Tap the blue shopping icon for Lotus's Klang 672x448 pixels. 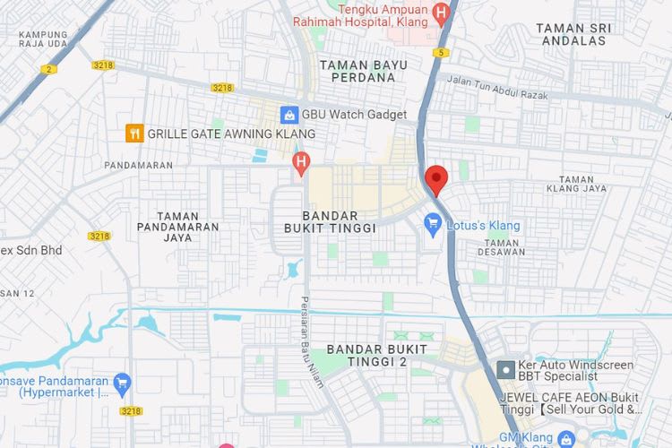tap(434, 226)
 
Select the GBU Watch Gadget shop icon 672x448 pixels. tap(289, 115)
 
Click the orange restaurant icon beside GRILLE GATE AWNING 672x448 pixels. tap(134, 134)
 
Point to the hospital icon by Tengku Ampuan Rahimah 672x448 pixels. tap(440, 13)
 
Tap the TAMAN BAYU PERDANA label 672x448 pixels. tap(363, 71)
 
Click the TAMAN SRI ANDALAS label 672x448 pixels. tap(573, 34)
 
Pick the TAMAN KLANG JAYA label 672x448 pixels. tap(576, 183)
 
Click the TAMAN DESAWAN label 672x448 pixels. tap(502, 247)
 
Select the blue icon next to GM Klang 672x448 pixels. tap(565, 439)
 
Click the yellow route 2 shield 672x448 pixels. tap(47, 68)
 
